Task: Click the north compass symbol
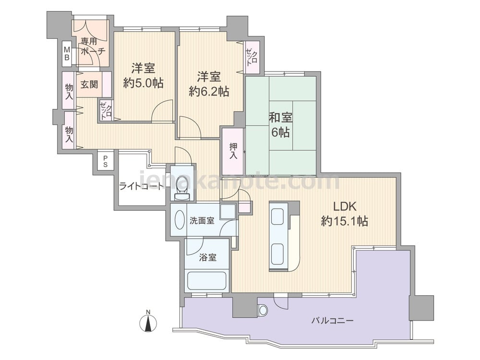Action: pos(149,323)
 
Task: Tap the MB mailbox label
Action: pos(68,54)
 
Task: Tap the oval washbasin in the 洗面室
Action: pos(179,221)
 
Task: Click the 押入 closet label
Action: pos(233,151)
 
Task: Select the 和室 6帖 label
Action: pos(281,125)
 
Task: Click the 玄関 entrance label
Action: pos(89,84)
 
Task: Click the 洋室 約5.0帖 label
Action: pos(143,76)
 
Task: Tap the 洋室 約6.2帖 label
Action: pos(209,84)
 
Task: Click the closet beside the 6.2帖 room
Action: pos(252,56)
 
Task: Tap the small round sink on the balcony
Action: pos(262,311)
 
